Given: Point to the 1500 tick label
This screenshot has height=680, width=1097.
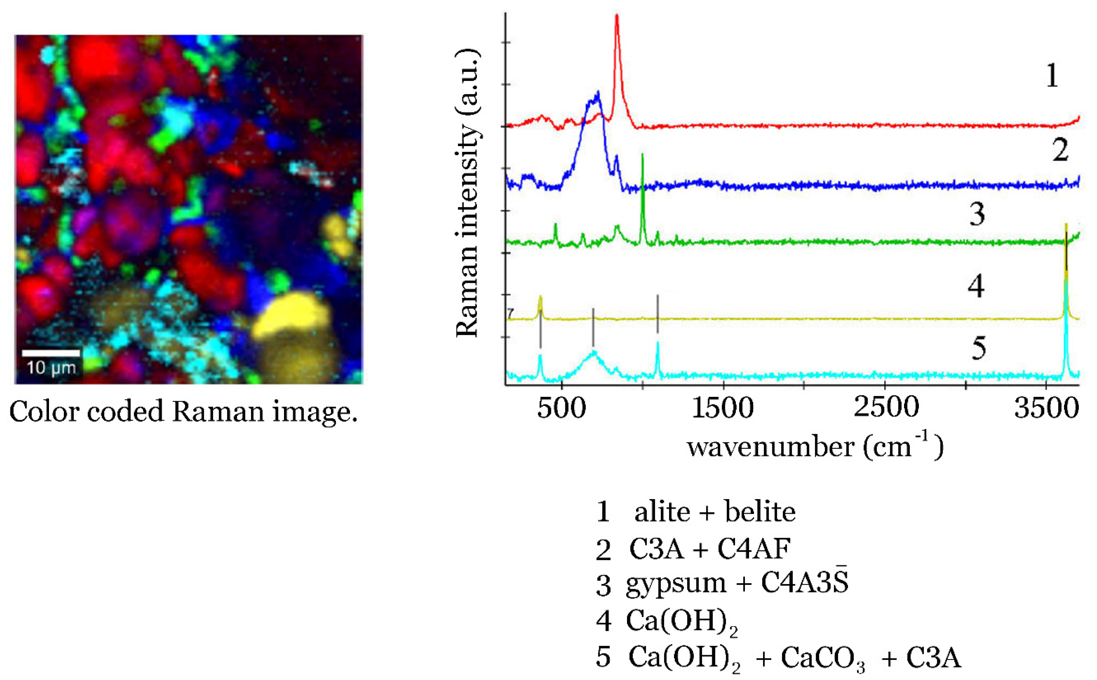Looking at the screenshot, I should pyautogui.click(x=723, y=408).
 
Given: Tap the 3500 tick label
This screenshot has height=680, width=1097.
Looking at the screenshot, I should pyautogui.click(x=1046, y=408).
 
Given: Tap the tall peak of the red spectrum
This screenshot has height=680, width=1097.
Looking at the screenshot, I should pyautogui.click(x=616, y=18).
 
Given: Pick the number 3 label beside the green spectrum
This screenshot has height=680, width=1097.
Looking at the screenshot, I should pyautogui.click(x=977, y=214).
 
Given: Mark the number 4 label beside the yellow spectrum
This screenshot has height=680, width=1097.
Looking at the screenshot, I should pyautogui.click(x=976, y=286).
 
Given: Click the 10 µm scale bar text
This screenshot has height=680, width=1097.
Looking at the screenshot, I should pyautogui.click(x=51, y=368).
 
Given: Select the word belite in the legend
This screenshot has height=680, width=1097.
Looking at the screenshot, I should pyautogui.click(x=760, y=512).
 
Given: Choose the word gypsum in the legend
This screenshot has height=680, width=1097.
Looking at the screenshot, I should pyautogui.click(x=676, y=583).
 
